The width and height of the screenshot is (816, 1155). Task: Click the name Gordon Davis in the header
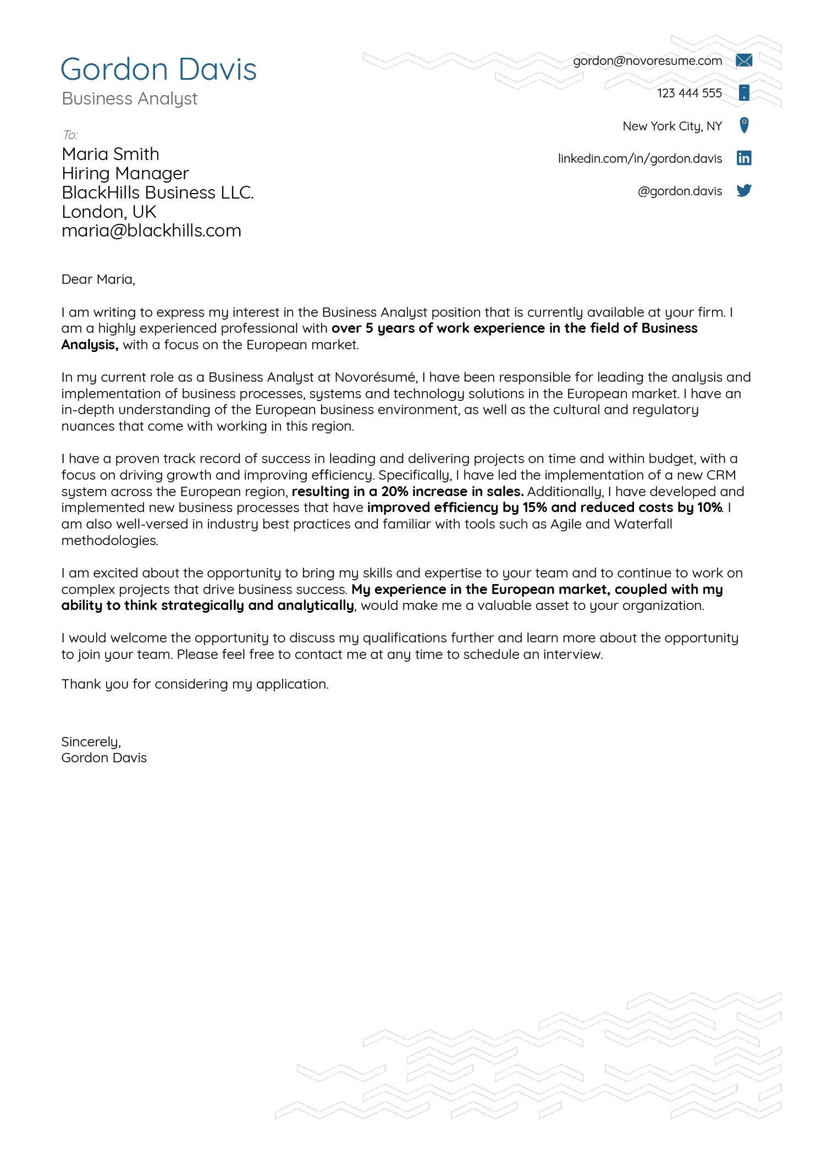(x=158, y=70)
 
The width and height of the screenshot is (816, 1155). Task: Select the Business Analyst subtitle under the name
(x=129, y=99)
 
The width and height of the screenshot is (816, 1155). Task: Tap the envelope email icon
(x=743, y=61)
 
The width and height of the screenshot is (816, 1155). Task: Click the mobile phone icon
(x=743, y=92)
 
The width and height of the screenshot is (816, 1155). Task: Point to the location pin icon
(x=743, y=125)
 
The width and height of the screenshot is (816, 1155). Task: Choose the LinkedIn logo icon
(x=743, y=158)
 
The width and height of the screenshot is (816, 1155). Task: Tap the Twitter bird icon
(x=743, y=190)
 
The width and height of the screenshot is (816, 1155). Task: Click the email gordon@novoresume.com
(x=647, y=61)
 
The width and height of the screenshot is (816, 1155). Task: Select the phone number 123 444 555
(x=689, y=94)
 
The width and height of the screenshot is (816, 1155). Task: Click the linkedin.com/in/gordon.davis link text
(x=639, y=159)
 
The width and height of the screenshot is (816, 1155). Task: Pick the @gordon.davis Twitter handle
(x=680, y=191)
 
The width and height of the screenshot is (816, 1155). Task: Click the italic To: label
(x=70, y=135)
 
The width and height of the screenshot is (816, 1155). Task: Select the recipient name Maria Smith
(x=111, y=154)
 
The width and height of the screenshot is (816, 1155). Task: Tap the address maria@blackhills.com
(x=151, y=230)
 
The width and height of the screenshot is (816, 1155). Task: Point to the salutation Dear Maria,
(x=98, y=279)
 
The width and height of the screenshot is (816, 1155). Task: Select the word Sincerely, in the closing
(x=91, y=742)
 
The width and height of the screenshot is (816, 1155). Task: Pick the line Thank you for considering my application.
(x=195, y=684)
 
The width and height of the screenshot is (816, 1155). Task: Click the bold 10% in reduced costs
(x=709, y=508)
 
